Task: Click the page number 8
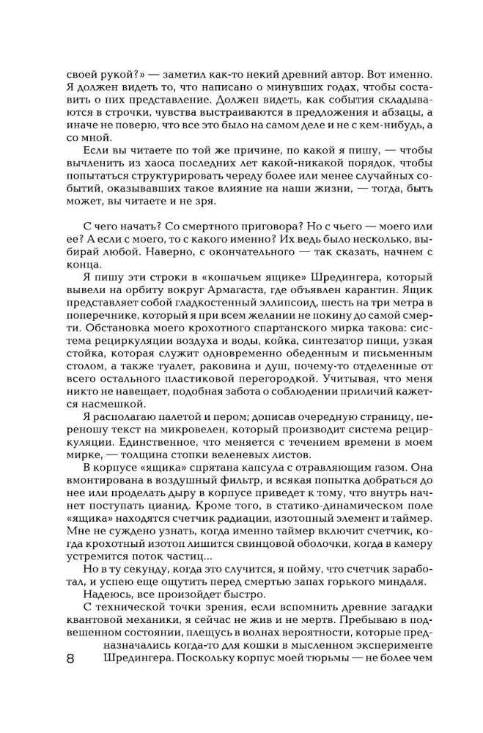[70, 658]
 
